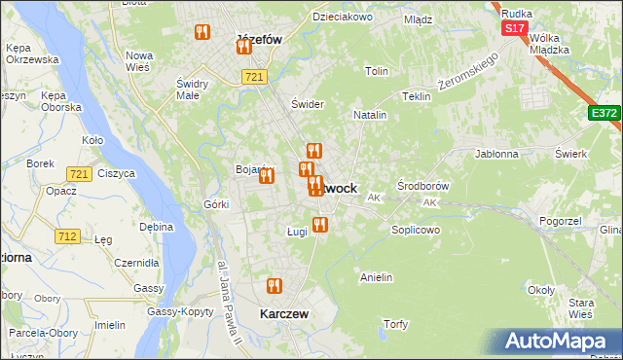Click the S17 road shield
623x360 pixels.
514,29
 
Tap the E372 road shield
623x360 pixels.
604,114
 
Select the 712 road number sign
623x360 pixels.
67,236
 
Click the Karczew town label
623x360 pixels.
284,314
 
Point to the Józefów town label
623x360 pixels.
260,41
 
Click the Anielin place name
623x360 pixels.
376,277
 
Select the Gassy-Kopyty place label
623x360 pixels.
181,311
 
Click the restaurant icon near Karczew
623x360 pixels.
274,286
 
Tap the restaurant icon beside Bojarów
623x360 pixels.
266,175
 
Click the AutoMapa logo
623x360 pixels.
558,342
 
